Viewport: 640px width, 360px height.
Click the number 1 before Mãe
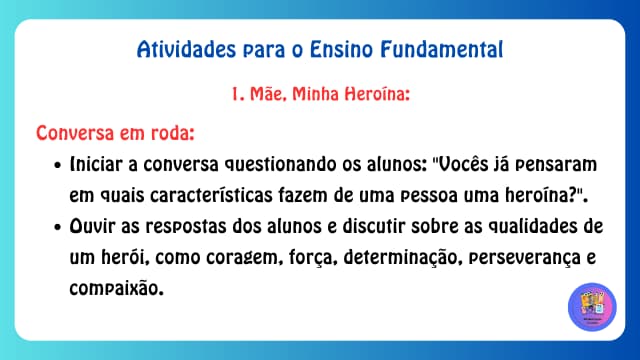click(x=236, y=96)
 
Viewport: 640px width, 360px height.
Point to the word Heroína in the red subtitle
click(x=374, y=96)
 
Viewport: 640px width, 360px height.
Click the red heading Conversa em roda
click(x=115, y=133)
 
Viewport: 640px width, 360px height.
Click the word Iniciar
click(x=99, y=164)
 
